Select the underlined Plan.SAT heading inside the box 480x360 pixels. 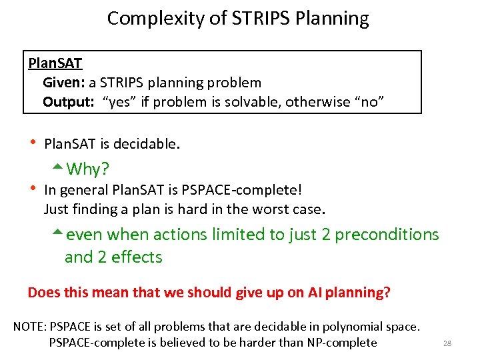coord(55,63)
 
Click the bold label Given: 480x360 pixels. coord(63,83)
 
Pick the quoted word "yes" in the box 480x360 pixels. coord(118,102)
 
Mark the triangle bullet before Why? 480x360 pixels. coord(57,167)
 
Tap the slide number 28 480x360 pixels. coord(447,343)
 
